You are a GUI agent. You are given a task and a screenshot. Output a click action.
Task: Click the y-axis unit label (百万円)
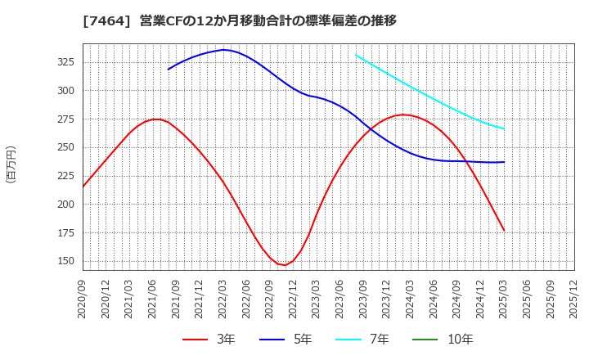(11, 164)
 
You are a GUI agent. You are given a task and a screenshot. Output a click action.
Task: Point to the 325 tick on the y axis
(65, 62)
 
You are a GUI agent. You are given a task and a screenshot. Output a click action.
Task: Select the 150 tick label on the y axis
(65, 261)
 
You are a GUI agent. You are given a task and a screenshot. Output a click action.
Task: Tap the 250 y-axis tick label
(65, 147)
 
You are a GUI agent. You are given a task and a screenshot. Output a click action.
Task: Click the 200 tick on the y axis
(65, 205)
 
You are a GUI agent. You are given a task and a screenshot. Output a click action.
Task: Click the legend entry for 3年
(210, 340)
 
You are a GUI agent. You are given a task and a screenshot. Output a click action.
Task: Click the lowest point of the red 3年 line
(283, 265)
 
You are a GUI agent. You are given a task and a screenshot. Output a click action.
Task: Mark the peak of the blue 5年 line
(223, 50)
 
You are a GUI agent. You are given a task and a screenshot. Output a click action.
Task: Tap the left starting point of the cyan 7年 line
(356, 55)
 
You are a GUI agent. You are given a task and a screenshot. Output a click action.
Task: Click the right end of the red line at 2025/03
(504, 231)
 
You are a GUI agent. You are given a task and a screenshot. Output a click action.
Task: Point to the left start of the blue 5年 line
(169, 69)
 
